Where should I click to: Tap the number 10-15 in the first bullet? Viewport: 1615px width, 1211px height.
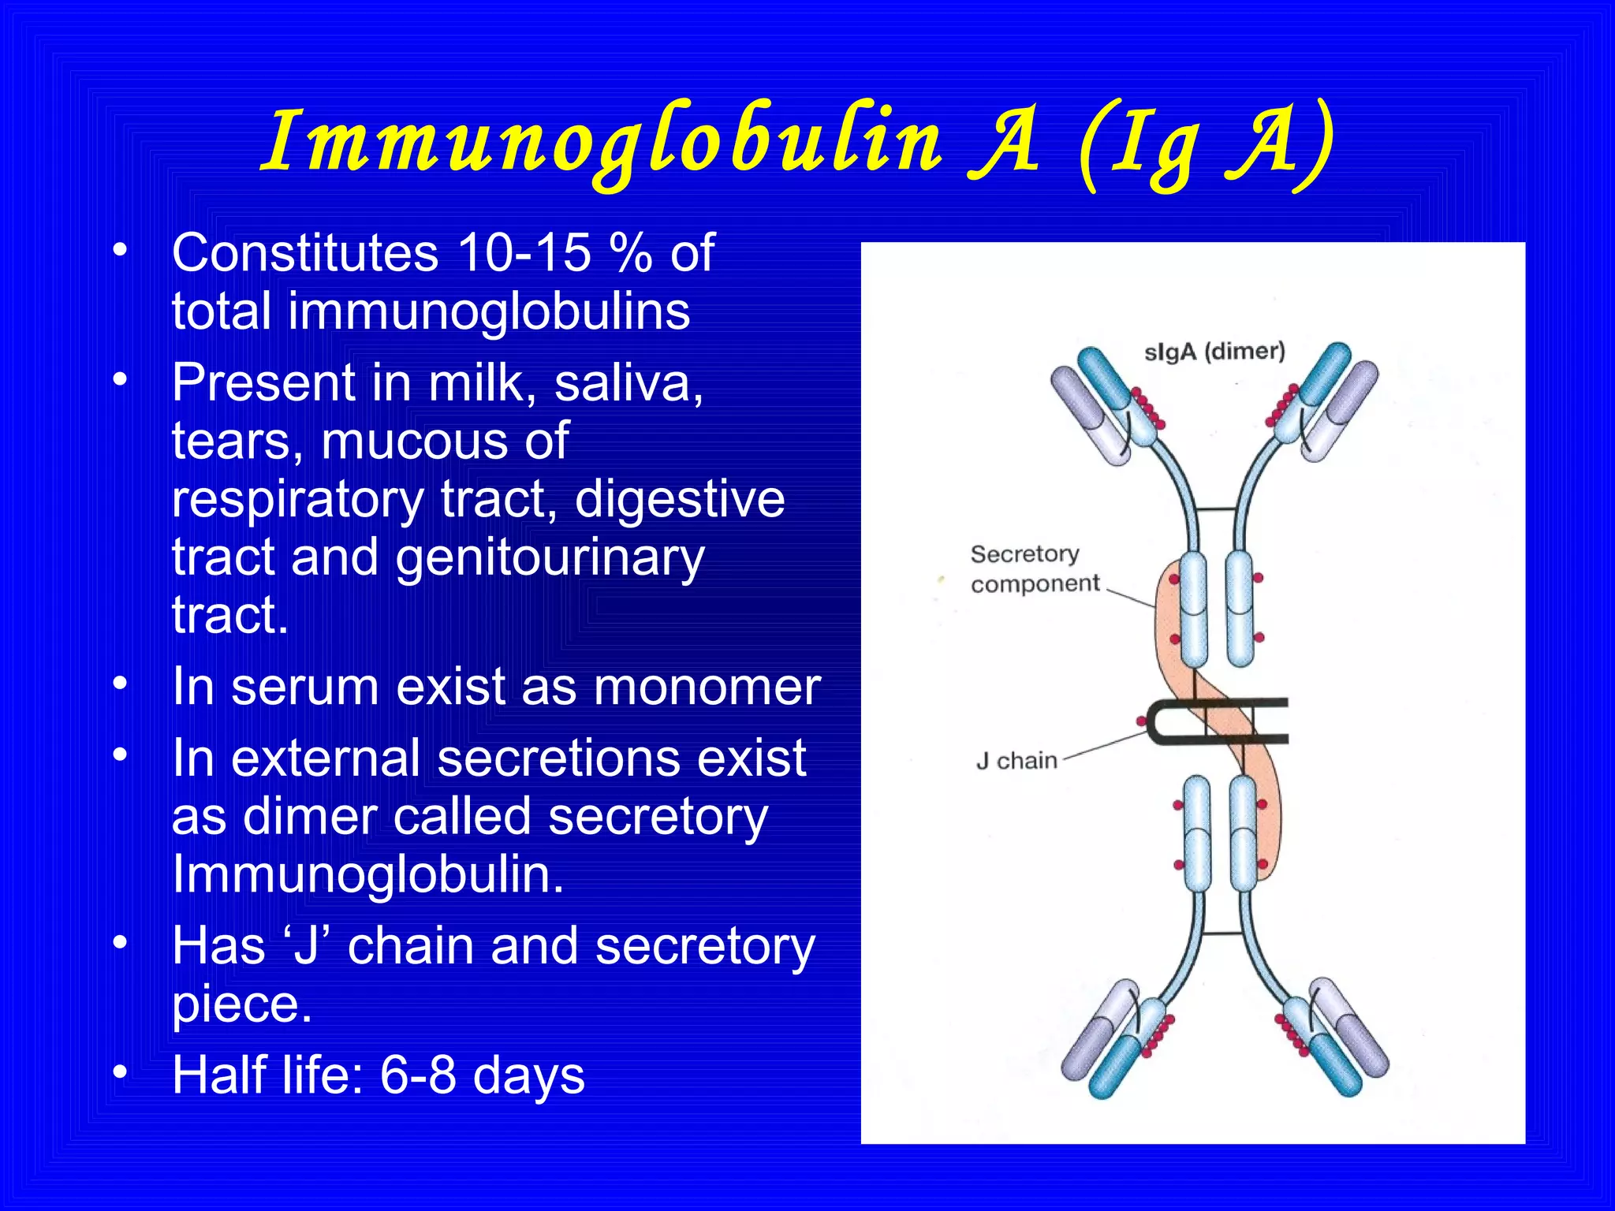(x=524, y=254)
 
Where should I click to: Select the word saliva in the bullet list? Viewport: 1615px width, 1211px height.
(x=628, y=383)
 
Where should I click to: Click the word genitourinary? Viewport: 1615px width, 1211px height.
(x=550, y=558)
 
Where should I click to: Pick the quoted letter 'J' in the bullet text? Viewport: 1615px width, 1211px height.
(x=304, y=946)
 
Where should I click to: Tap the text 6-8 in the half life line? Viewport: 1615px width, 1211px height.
(x=417, y=1075)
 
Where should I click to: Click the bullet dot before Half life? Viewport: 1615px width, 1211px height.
(x=120, y=1072)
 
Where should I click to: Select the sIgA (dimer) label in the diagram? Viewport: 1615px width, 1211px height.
(x=1214, y=352)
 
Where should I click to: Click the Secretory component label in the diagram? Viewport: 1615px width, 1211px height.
(x=1033, y=568)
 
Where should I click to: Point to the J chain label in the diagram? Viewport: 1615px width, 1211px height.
(x=1016, y=761)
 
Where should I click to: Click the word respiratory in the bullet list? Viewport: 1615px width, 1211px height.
(x=298, y=500)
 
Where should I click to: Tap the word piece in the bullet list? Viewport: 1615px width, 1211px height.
(x=242, y=1004)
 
